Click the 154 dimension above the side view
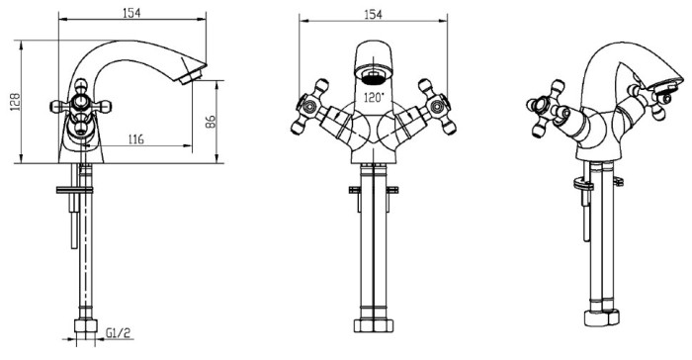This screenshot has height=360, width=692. click(131, 13)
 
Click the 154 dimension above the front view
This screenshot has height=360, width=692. click(373, 15)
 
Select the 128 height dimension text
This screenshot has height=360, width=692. click(15, 102)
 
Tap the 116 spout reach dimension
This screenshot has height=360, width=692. click(136, 139)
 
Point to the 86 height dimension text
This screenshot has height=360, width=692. click(211, 122)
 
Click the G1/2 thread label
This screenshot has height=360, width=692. click(119, 332)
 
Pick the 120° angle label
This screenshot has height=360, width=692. click(374, 97)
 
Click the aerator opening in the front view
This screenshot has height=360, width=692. click(374, 75)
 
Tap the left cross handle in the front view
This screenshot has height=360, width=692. click(309, 107)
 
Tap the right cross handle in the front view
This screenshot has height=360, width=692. click(437, 107)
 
